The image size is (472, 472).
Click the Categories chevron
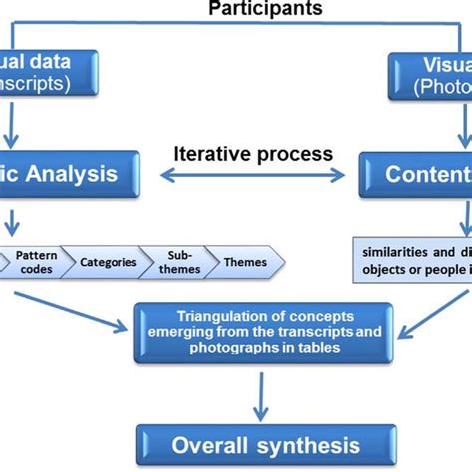pos(109,262)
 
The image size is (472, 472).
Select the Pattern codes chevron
pos(36,262)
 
